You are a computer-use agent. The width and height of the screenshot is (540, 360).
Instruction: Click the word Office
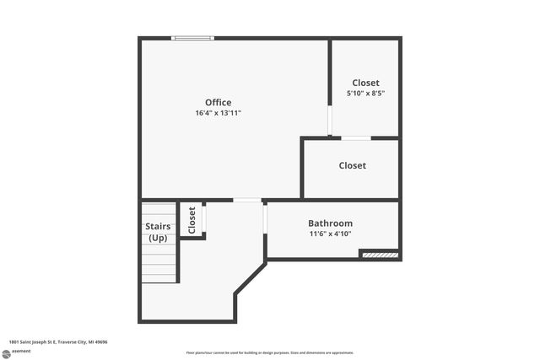(218, 103)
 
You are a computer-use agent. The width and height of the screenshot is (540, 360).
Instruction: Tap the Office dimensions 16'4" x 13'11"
(218, 113)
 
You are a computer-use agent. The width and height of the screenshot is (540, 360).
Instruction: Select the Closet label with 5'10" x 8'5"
(365, 83)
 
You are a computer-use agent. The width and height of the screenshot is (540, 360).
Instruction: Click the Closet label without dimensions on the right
(352, 165)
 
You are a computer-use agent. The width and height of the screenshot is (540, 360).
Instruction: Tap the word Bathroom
(330, 223)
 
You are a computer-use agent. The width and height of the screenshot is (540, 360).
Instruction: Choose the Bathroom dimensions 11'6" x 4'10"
(330, 234)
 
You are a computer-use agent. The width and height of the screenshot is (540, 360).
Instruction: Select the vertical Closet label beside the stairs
(192, 220)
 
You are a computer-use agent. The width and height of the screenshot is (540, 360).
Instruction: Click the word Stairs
(158, 227)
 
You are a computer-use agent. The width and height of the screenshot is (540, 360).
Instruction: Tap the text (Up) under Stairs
(158, 238)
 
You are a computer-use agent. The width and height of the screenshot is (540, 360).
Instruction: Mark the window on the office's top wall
(192, 38)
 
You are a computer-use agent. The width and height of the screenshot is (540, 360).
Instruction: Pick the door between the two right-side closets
(355, 137)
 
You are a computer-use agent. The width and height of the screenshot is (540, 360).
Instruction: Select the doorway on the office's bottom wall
(247, 200)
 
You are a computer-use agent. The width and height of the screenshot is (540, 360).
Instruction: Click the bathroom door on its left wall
(265, 218)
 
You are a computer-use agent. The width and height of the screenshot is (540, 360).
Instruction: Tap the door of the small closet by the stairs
(204, 218)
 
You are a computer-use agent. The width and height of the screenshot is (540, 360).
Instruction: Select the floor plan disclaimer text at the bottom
(269, 352)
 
